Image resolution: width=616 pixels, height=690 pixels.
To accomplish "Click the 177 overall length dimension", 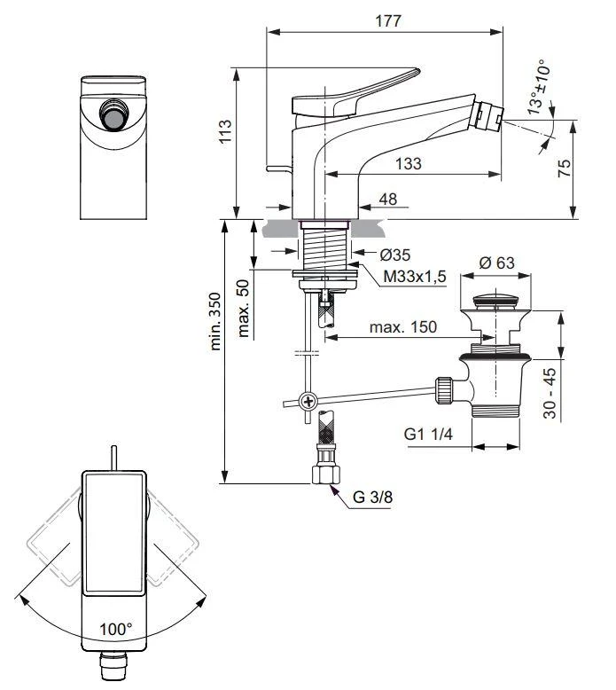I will click(x=384, y=21).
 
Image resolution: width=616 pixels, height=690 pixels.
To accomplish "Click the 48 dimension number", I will click(x=387, y=200).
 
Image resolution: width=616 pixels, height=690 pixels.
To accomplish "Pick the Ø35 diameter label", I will click(x=394, y=255).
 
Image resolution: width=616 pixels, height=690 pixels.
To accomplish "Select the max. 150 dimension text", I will click(x=403, y=327).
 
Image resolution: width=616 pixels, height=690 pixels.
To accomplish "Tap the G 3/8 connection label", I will click(x=370, y=497).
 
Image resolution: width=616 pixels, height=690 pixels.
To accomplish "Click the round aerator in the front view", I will click(x=113, y=117).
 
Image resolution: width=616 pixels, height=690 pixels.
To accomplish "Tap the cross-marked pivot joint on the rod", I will click(x=307, y=400).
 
